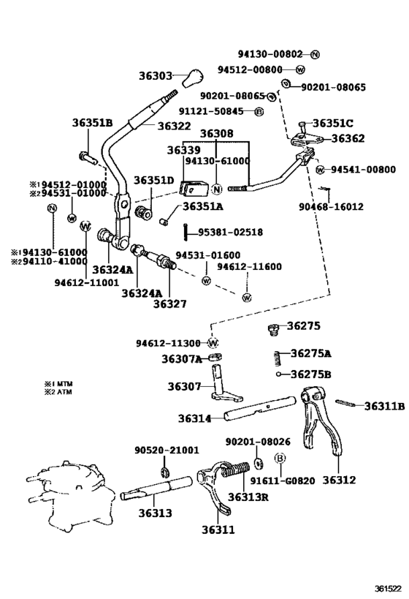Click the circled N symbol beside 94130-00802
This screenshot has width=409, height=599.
315,54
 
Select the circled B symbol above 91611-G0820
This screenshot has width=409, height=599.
279,459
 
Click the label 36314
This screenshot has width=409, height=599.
194,419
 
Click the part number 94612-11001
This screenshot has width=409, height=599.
86,282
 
